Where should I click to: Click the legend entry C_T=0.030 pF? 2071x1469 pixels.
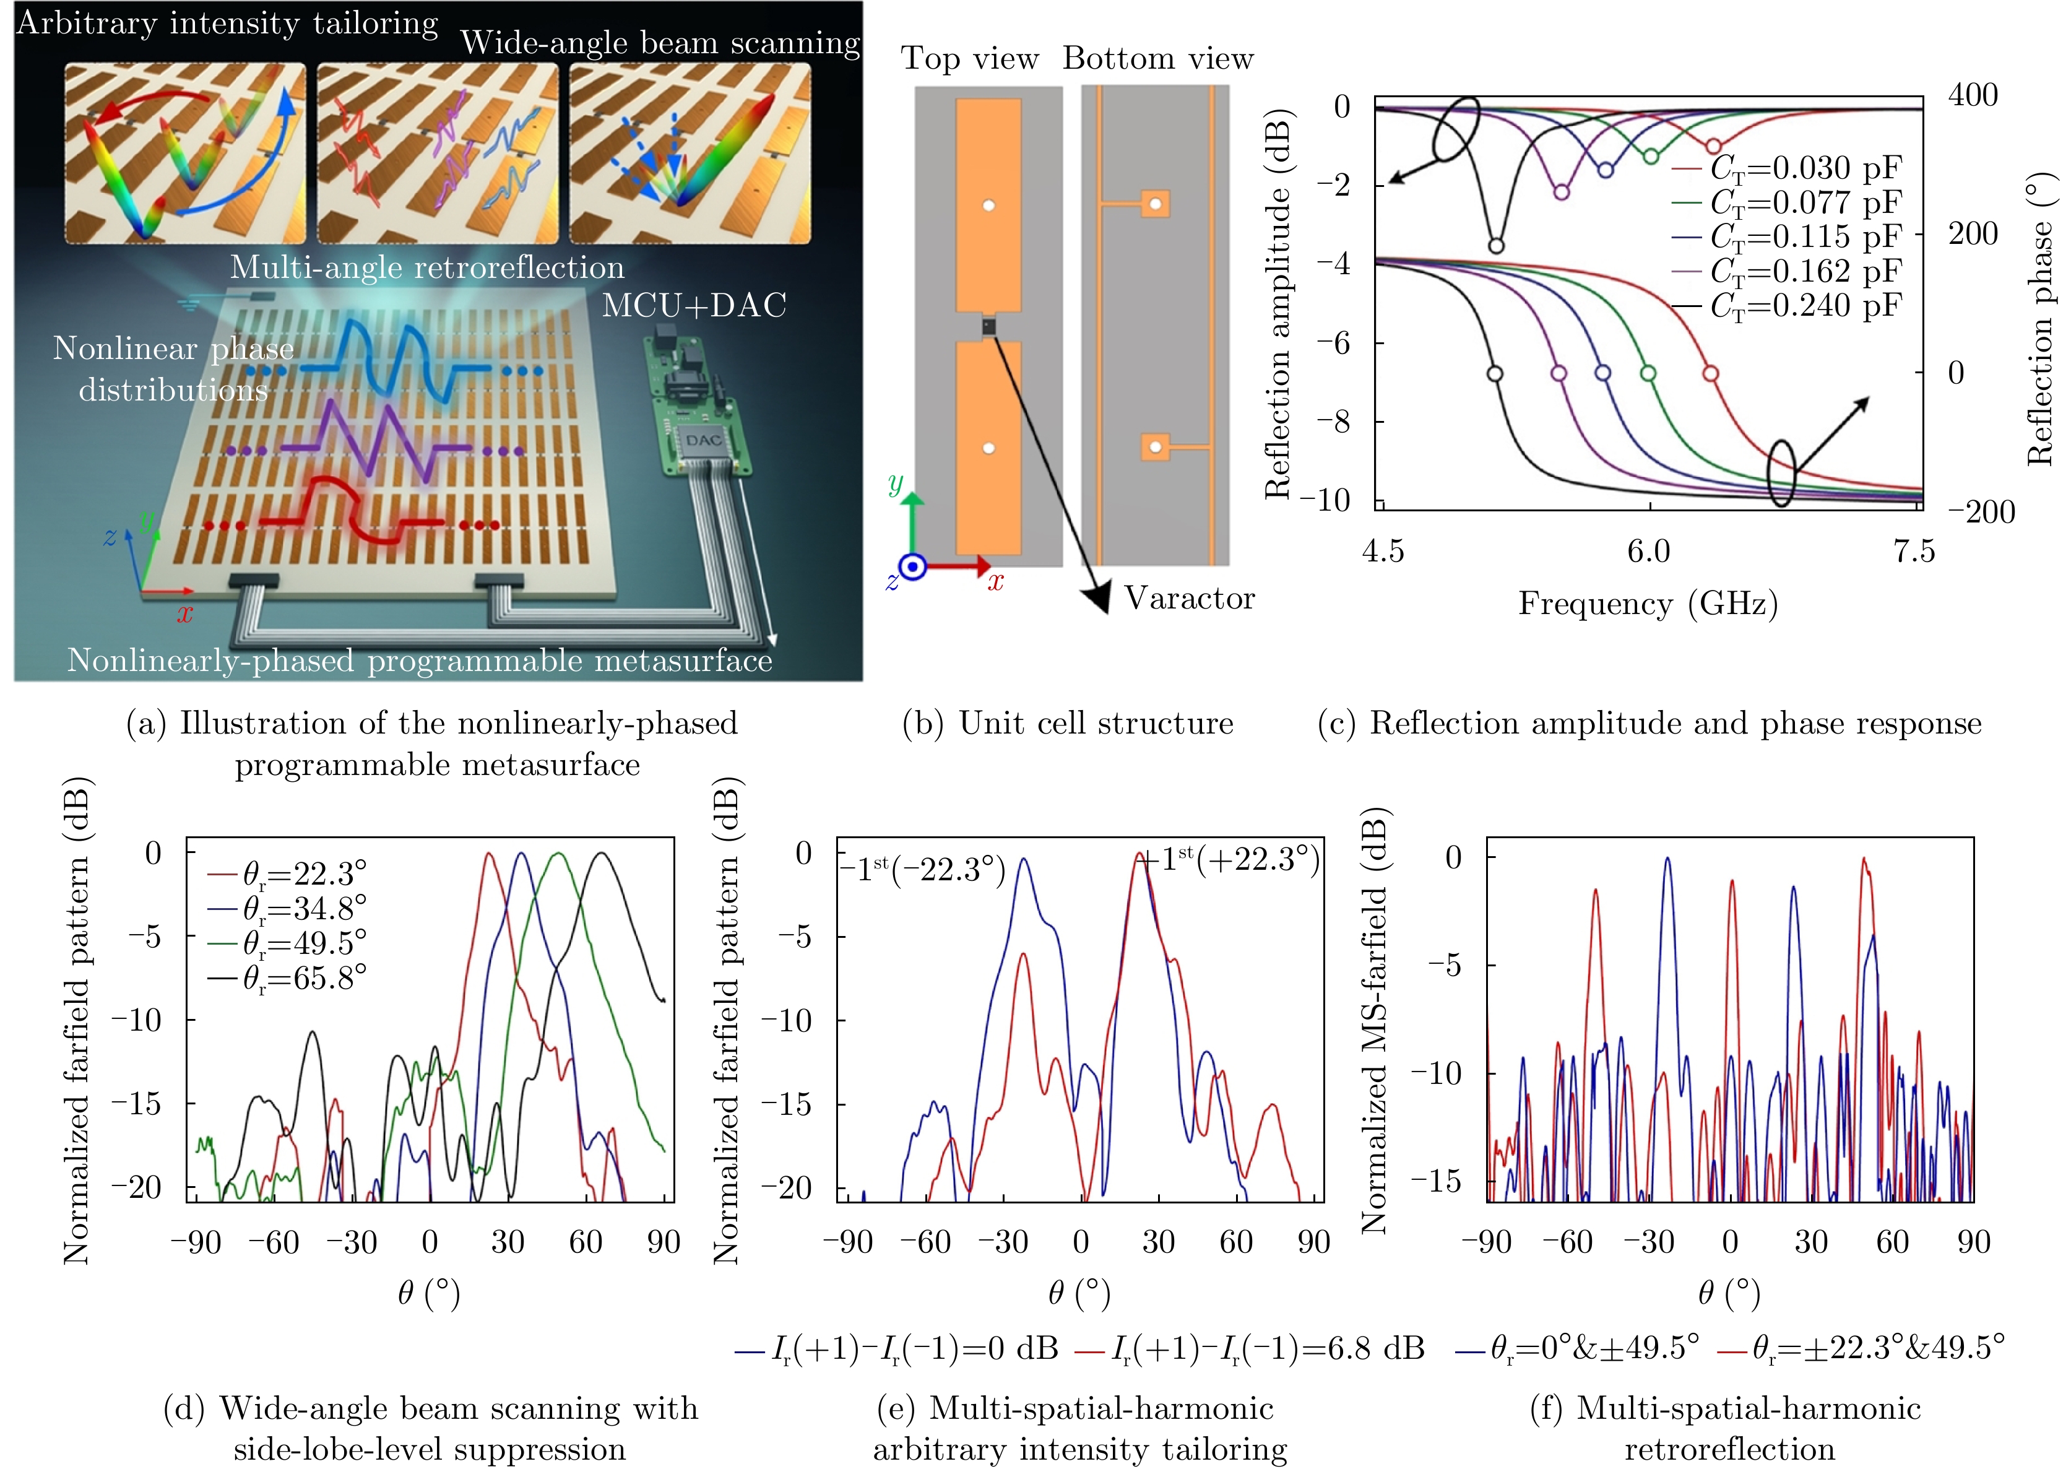1804,168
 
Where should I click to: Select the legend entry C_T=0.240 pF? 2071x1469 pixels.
1804,306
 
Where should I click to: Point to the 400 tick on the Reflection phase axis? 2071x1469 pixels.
1973,95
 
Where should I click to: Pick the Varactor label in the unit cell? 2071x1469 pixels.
1189,598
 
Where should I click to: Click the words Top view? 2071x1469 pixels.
969,59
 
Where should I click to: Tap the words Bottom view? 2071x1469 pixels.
1157,59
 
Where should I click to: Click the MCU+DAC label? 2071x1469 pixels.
694,306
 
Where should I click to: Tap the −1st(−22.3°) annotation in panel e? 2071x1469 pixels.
924,869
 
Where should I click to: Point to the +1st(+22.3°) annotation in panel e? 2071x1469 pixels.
1230,859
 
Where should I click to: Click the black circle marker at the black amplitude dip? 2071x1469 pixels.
1496,246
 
